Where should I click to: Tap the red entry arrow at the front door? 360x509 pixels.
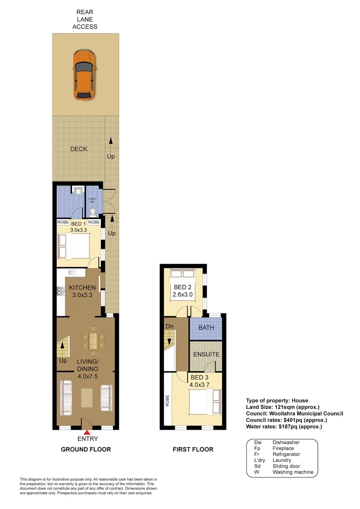[87, 431]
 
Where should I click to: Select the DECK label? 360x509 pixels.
[79, 149]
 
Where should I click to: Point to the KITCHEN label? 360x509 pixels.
[82, 287]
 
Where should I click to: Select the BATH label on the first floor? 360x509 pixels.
[205, 327]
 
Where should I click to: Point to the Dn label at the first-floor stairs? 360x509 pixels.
[170, 326]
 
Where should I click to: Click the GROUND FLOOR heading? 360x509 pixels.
[86, 449]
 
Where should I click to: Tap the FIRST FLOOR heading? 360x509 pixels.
[193, 449]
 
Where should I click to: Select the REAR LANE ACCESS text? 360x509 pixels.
[85, 19]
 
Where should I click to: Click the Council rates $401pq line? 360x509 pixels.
[286, 420]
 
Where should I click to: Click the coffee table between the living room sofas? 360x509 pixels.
[87, 397]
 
